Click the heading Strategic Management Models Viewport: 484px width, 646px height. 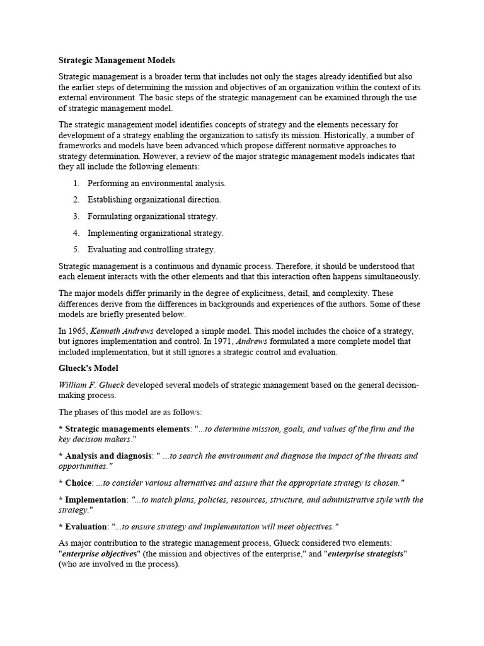point(117,61)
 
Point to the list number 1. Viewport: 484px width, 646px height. point(76,184)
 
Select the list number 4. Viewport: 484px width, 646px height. point(76,233)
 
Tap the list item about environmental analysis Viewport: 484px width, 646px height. point(156,184)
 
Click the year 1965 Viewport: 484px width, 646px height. point(79,331)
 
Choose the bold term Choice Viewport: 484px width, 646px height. point(78,483)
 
